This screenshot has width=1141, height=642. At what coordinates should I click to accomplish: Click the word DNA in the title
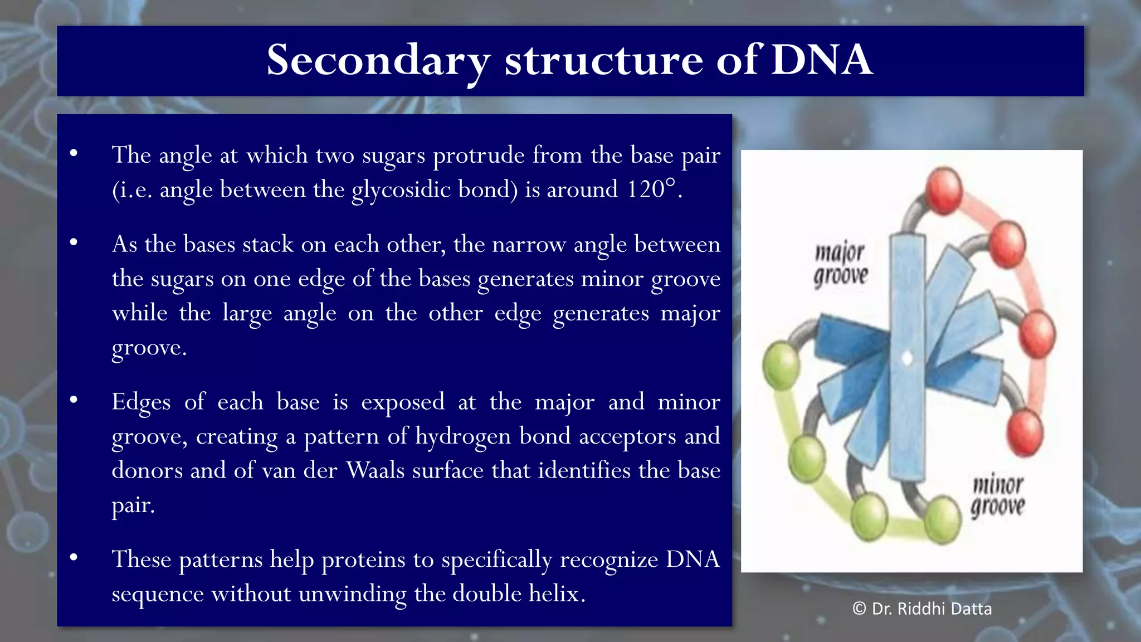(821, 60)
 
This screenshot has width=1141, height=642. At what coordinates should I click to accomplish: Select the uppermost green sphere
(781, 365)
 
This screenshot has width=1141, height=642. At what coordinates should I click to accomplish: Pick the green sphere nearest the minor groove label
(943, 519)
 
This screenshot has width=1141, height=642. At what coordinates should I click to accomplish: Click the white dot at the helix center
(907, 358)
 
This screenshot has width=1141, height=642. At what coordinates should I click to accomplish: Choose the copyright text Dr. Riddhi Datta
(922, 609)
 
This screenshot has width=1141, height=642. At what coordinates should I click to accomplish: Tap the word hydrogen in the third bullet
(463, 436)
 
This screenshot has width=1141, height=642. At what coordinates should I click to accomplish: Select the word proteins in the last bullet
(363, 559)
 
